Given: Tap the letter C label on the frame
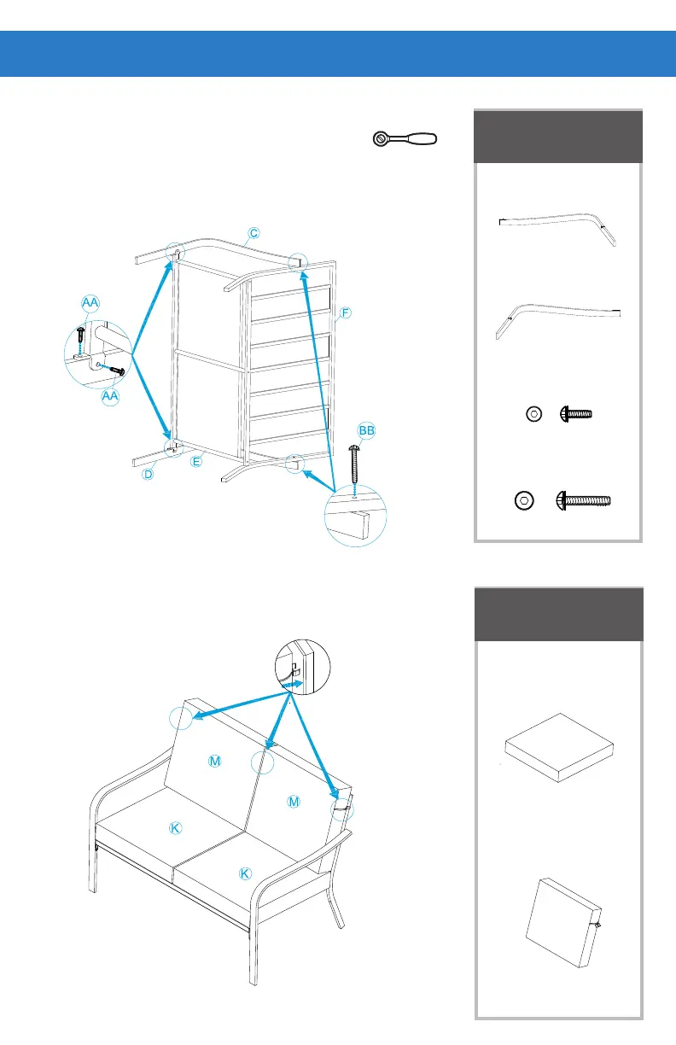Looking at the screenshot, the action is pos(253,232).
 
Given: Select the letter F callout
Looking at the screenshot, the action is pos(344,312).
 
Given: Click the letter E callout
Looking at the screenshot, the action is pos(195,462).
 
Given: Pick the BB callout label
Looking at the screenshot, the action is pos(367,432).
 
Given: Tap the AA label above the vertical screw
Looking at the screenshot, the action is pos(90,303).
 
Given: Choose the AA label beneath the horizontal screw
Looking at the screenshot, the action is pos(109,397).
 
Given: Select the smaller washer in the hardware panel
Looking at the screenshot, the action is pos(533,414).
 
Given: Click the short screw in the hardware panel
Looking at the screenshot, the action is pos(575,414).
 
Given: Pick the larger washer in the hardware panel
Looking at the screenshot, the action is pos(524,499).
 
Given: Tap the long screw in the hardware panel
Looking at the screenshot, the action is pos(585,499).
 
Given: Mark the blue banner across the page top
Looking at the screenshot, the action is pos(338,53).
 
